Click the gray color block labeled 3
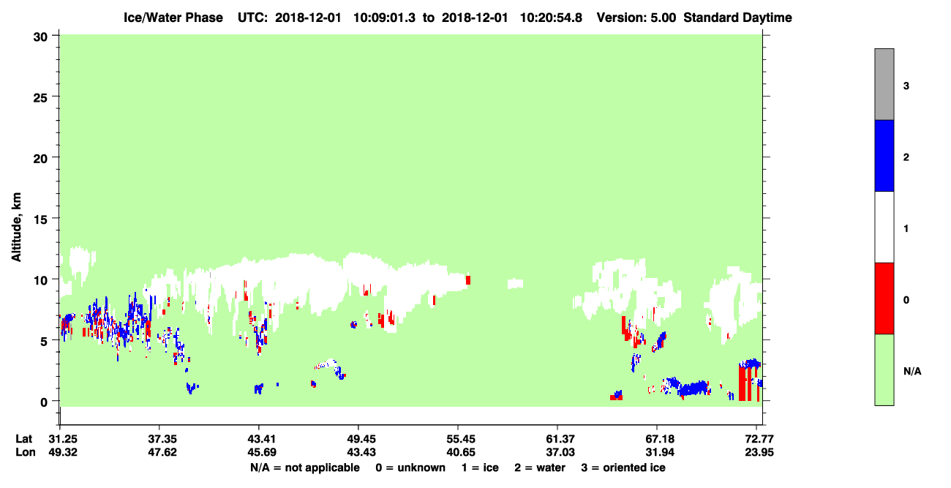coord(884,84)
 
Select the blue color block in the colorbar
coord(884,155)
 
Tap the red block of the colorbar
coord(884,299)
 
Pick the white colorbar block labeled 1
coord(884,228)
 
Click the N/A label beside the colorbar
coord(912,371)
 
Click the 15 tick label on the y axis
coord(40,219)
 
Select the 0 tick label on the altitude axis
coord(44,402)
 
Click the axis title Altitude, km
coord(16,227)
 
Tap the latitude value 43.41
coord(262,438)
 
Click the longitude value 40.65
coord(461,452)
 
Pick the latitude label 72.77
coord(759,438)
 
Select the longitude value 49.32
coord(63,452)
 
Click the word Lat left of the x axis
coord(23,438)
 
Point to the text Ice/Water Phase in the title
coord(173,18)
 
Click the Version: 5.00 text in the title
coord(636,18)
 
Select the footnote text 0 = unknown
coord(410,468)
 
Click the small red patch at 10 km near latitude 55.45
coord(468,280)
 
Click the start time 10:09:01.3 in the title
coord(384,18)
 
